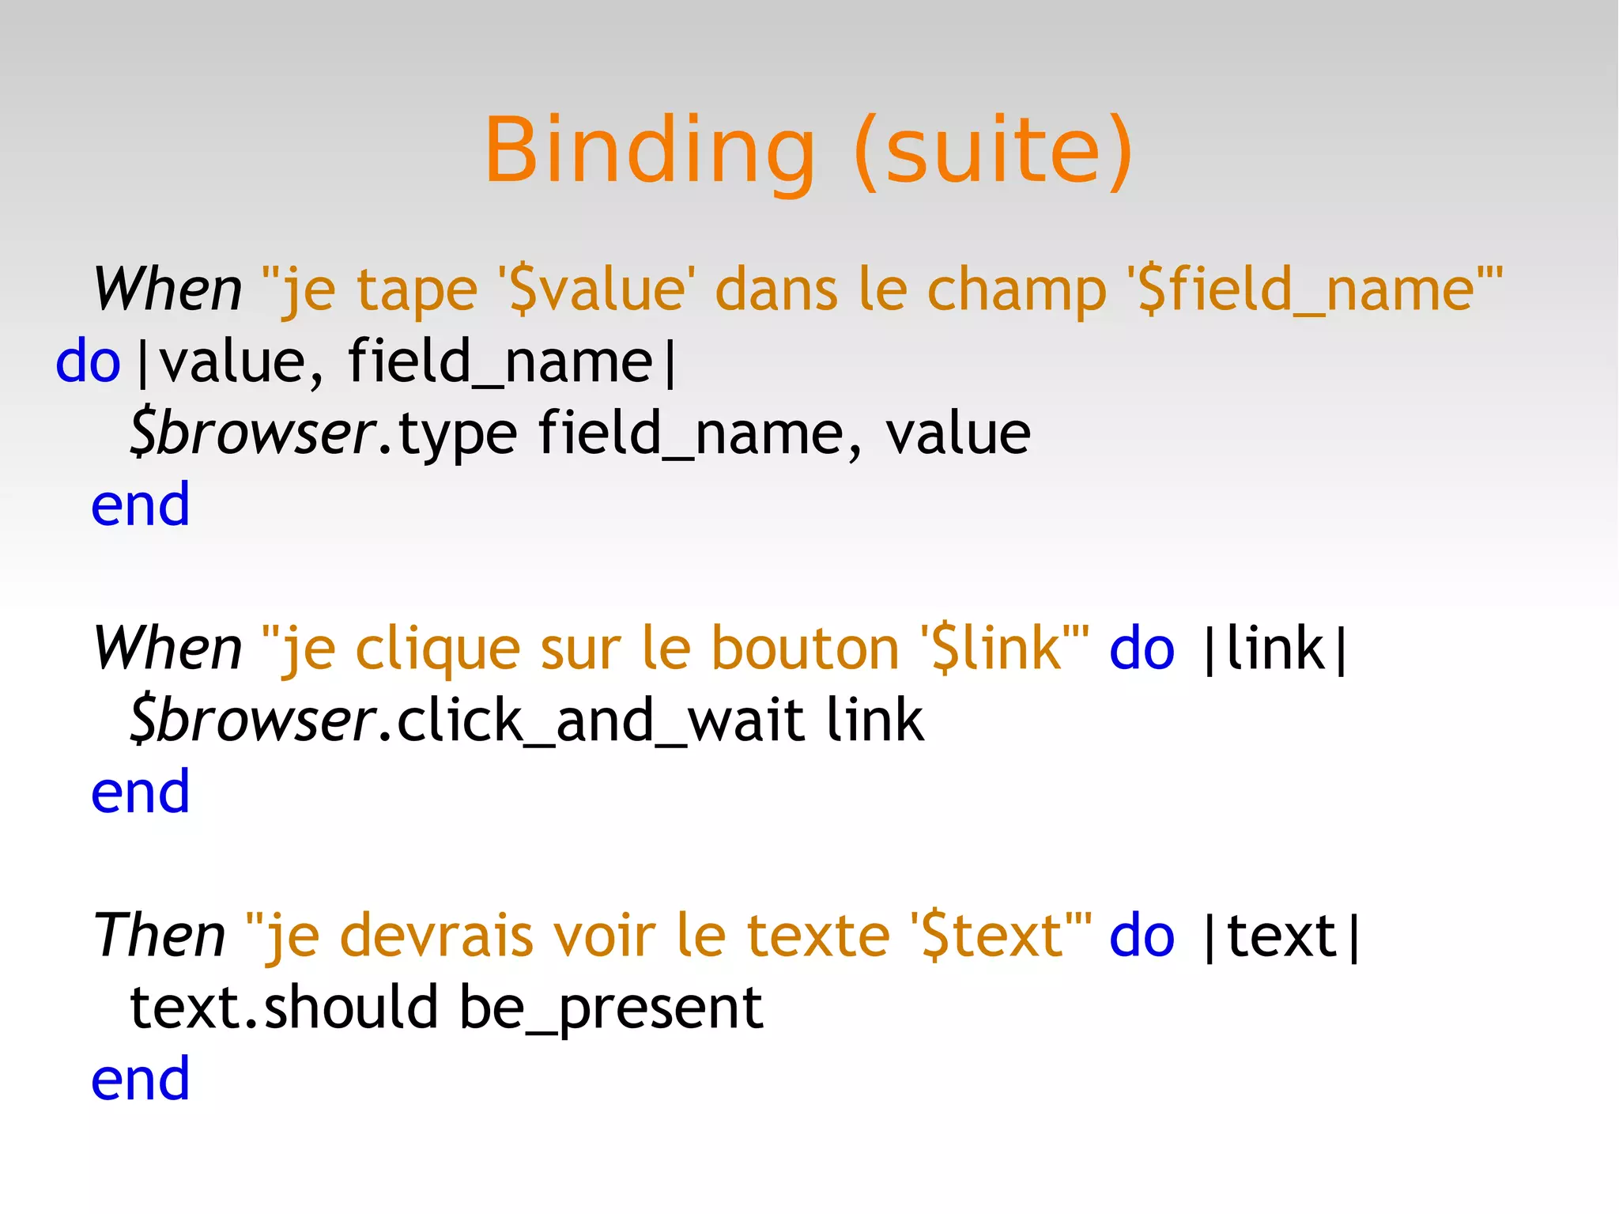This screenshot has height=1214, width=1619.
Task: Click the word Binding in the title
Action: [648, 150]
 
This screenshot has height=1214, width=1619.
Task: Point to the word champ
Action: [1017, 291]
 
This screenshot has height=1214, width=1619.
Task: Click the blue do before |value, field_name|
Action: [88, 361]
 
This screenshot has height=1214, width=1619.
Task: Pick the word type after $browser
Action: [458, 434]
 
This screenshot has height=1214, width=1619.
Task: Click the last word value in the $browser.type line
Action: [957, 434]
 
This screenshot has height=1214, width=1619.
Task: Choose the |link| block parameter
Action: [1274, 649]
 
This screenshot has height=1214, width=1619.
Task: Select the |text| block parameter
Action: [1281, 936]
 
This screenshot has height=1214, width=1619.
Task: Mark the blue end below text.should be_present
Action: [141, 1079]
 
